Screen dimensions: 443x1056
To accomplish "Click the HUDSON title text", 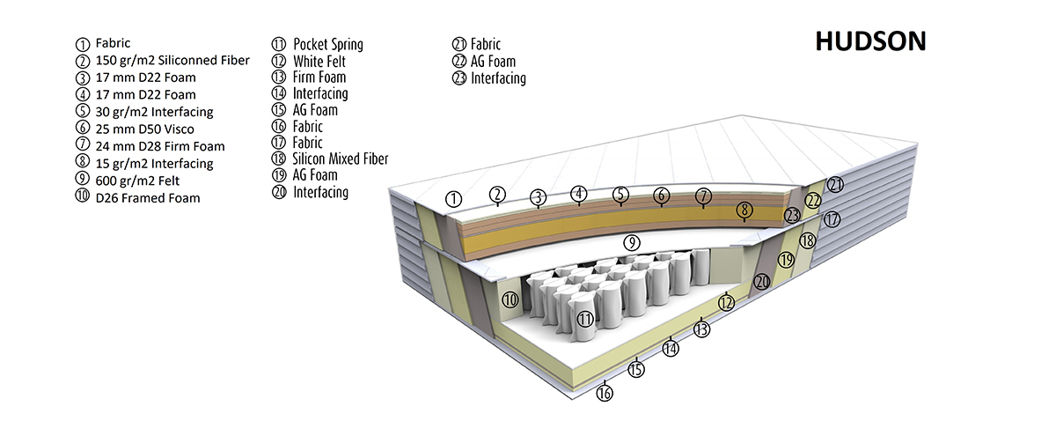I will pos(869,41).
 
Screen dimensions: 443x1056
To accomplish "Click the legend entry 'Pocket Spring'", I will pos(327,44).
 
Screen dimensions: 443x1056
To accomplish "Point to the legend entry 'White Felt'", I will pos(319,61).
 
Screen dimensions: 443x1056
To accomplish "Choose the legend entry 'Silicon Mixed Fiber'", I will pos(341,159).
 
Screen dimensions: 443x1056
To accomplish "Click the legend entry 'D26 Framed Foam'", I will pos(148,198).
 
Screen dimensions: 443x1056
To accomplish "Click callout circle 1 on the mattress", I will pos(454,198).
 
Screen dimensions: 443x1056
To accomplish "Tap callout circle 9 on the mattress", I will pos(630,241).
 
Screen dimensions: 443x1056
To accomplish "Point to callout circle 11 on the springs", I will pos(583,318).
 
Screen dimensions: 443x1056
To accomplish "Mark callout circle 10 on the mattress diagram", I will pos(510,299).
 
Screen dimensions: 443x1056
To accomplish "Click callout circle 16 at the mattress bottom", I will pos(605,393).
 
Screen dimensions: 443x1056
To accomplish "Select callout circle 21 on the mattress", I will pos(835,184).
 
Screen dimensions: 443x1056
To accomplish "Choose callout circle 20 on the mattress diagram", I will pos(762,281).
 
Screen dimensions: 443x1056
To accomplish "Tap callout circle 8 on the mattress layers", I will pos(744,210).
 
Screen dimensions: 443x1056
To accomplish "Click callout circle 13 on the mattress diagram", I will pos(701,329).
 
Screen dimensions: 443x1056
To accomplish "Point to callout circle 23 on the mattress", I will pos(793,214).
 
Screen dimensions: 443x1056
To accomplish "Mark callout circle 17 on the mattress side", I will pos(832,219).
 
